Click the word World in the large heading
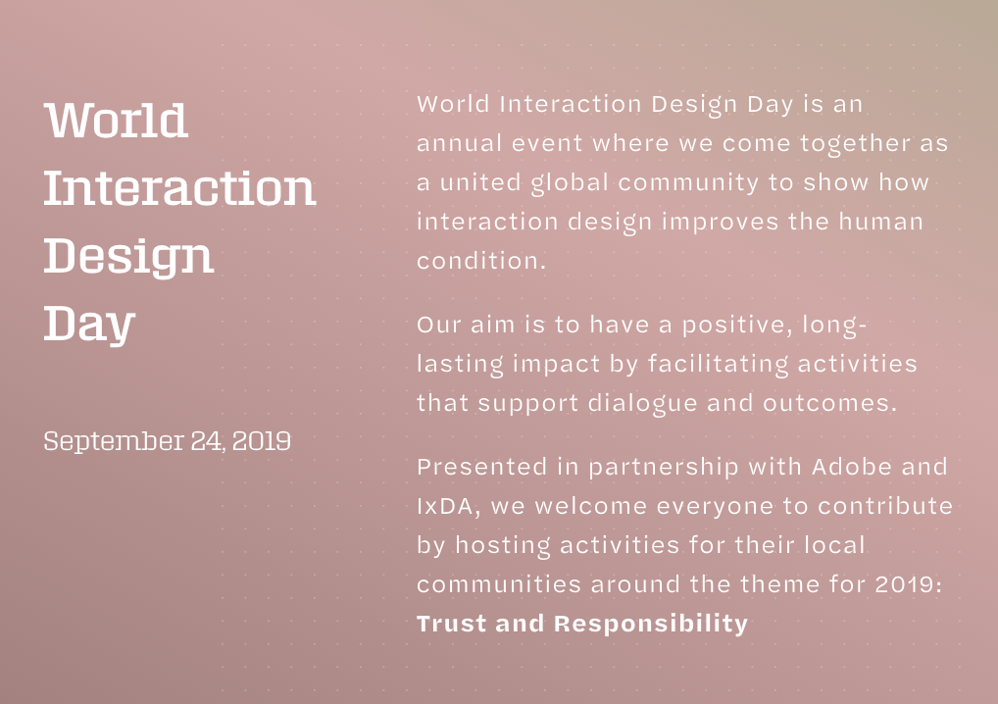[x=116, y=121]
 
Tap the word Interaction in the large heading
[x=180, y=188]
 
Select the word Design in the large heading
[x=128, y=257]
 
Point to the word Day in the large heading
[x=89, y=326]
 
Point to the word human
[x=881, y=222]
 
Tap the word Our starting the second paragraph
[x=439, y=326]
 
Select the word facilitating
[x=718, y=364]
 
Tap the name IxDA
[x=445, y=507]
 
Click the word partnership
[x=664, y=468]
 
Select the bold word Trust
[x=451, y=624]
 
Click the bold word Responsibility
[x=651, y=625]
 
